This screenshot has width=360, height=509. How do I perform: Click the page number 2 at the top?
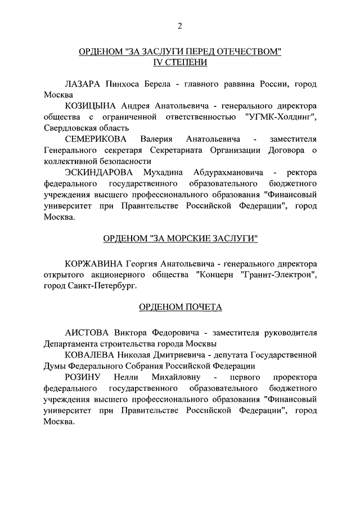point(179,25)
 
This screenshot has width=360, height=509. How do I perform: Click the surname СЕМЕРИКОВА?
point(96,138)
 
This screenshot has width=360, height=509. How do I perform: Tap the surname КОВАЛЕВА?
point(90,355)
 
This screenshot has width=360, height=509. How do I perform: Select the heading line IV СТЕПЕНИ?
point(179,62)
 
